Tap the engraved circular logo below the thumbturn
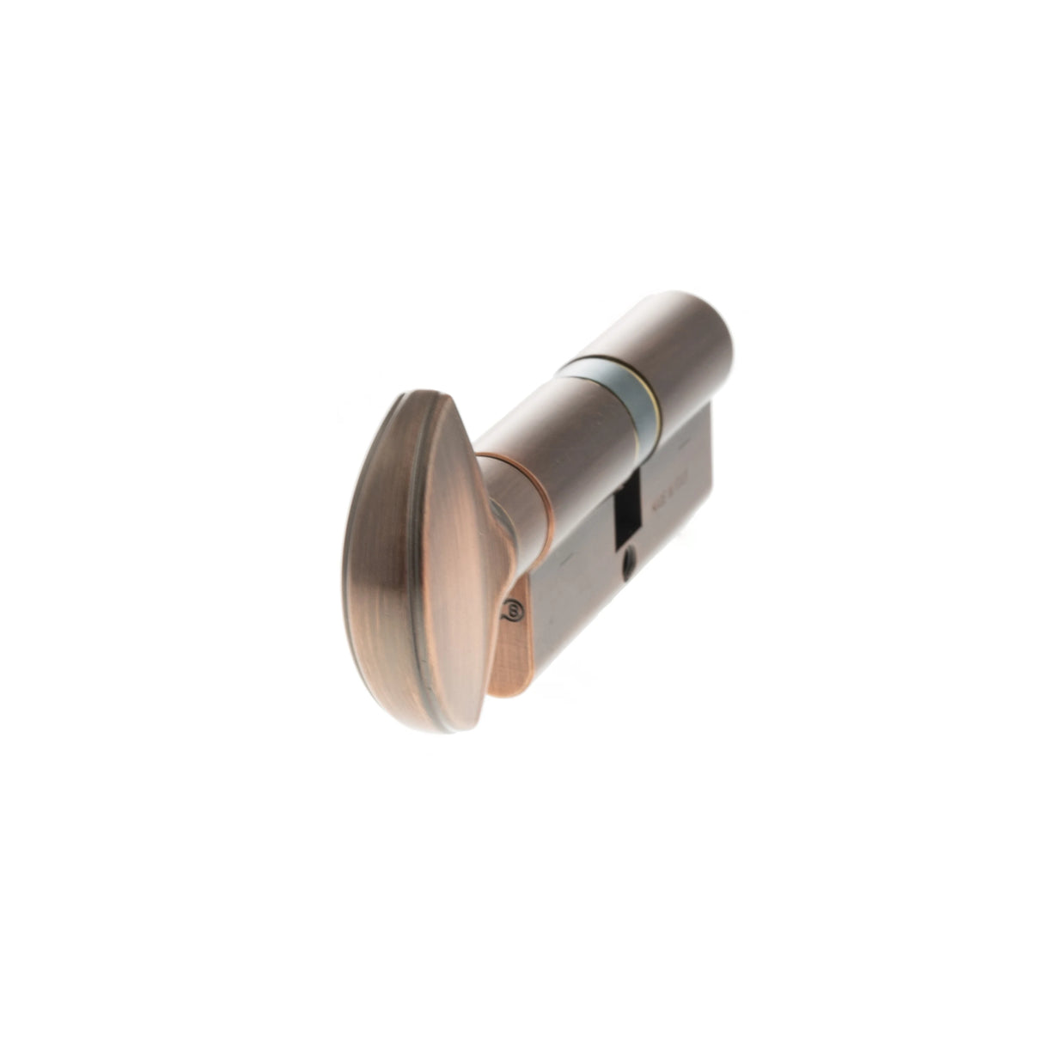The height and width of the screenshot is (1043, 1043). pyautogui.click(x=513, y=610)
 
